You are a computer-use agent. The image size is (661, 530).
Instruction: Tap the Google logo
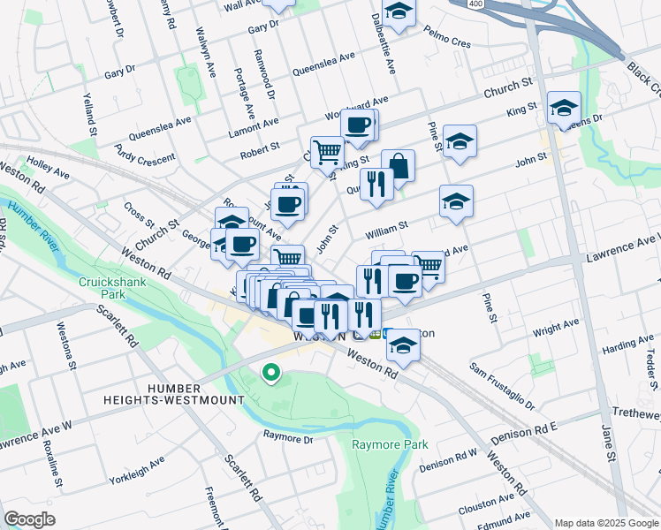(28, 519)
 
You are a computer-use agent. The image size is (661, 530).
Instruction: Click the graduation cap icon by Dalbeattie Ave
(399, 12)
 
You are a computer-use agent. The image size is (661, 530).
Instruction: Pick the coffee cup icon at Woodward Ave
(358, 125)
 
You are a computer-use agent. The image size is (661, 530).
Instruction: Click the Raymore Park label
(389, 443)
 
